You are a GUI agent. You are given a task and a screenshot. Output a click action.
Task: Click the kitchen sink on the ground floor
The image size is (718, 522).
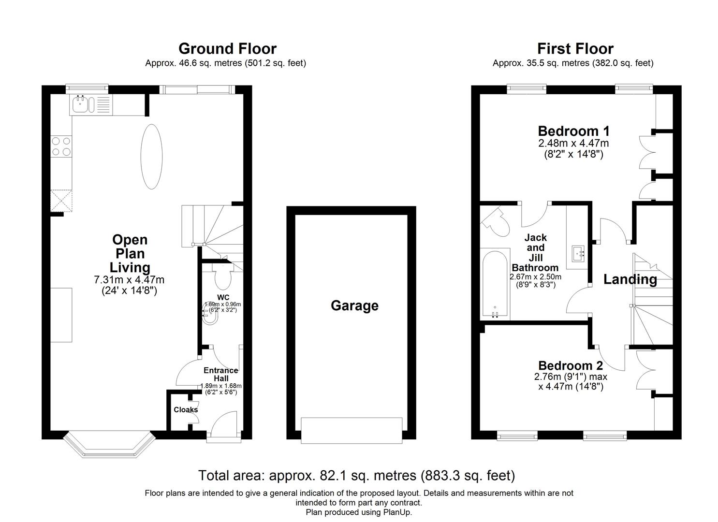click(80, 104)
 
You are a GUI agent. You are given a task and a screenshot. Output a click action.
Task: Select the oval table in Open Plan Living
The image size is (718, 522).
click(151, 157)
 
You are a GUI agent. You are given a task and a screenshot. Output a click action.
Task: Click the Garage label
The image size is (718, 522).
click(354, 305)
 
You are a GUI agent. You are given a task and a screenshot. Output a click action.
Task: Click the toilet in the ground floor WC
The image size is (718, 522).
click(223, 278)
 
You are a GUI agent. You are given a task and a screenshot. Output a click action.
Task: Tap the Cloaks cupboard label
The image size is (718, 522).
click(186, 409)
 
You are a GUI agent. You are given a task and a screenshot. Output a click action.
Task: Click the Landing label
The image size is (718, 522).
click(630, 279)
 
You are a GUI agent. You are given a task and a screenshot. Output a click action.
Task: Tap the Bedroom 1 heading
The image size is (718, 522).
click(573, 131)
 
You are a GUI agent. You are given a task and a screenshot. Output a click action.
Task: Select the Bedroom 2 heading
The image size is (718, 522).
click(571, 366)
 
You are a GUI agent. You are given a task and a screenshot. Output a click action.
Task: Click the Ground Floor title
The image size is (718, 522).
click(227, 49)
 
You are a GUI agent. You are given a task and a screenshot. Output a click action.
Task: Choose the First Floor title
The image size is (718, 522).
click(575, 49)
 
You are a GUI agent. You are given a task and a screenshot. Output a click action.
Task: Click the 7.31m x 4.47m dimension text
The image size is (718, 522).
click(129, 280)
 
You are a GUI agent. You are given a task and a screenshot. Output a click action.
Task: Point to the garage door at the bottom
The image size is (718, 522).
click(352, 430)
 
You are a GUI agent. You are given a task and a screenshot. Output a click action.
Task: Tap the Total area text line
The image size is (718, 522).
click(356, 476)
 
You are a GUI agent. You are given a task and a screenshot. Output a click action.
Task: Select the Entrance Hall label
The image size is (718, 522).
click(220, 374)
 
